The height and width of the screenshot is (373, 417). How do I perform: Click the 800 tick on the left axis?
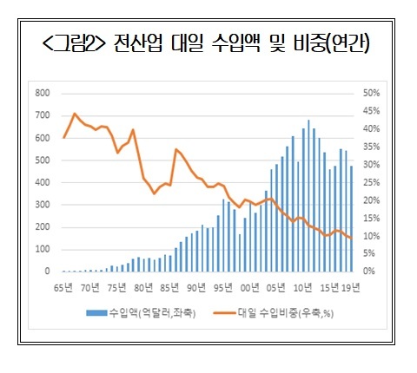42,93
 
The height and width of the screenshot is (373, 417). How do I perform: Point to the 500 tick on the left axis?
42,160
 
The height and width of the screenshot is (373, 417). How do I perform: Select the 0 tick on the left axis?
47,272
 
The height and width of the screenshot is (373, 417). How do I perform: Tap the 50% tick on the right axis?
371,93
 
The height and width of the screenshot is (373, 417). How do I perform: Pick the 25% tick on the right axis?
371,182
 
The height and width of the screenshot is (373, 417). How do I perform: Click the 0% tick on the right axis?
368,272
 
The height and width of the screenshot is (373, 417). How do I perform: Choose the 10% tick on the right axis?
371,236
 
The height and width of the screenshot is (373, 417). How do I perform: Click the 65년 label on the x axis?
63,287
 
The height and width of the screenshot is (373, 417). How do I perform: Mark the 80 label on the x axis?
143,287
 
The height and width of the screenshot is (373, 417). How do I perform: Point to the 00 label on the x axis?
250,287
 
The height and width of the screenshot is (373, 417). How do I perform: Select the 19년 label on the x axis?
348,287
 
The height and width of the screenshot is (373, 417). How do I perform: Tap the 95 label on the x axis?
223,287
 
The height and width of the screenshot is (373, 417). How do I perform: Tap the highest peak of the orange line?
75,114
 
